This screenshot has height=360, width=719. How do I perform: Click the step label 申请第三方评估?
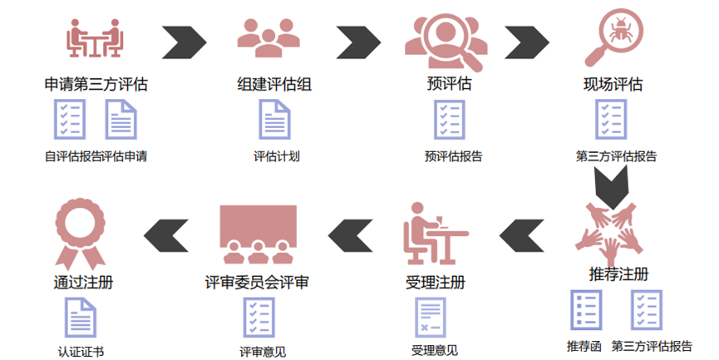96,84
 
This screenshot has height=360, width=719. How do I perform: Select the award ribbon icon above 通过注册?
81,234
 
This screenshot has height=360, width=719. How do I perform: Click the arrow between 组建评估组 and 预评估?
358,42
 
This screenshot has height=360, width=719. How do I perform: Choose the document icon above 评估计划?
274,119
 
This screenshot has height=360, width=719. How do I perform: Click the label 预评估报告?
454,156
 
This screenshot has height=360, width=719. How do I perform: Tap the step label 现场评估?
613,84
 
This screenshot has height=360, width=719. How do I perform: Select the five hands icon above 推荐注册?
609,233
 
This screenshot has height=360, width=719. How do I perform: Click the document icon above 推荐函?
586,309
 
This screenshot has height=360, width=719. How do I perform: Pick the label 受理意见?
434,351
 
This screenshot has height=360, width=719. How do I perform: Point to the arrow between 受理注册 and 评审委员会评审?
350,236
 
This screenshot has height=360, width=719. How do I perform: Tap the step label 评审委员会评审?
257,282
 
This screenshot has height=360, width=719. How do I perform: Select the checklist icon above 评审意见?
259,318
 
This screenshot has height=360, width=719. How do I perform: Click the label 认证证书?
81,352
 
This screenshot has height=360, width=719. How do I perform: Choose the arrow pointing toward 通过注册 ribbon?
166,236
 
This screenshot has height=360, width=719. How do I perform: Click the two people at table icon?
95,38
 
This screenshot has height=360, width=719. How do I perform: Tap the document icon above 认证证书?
81,318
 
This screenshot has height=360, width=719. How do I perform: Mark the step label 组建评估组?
274,84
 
